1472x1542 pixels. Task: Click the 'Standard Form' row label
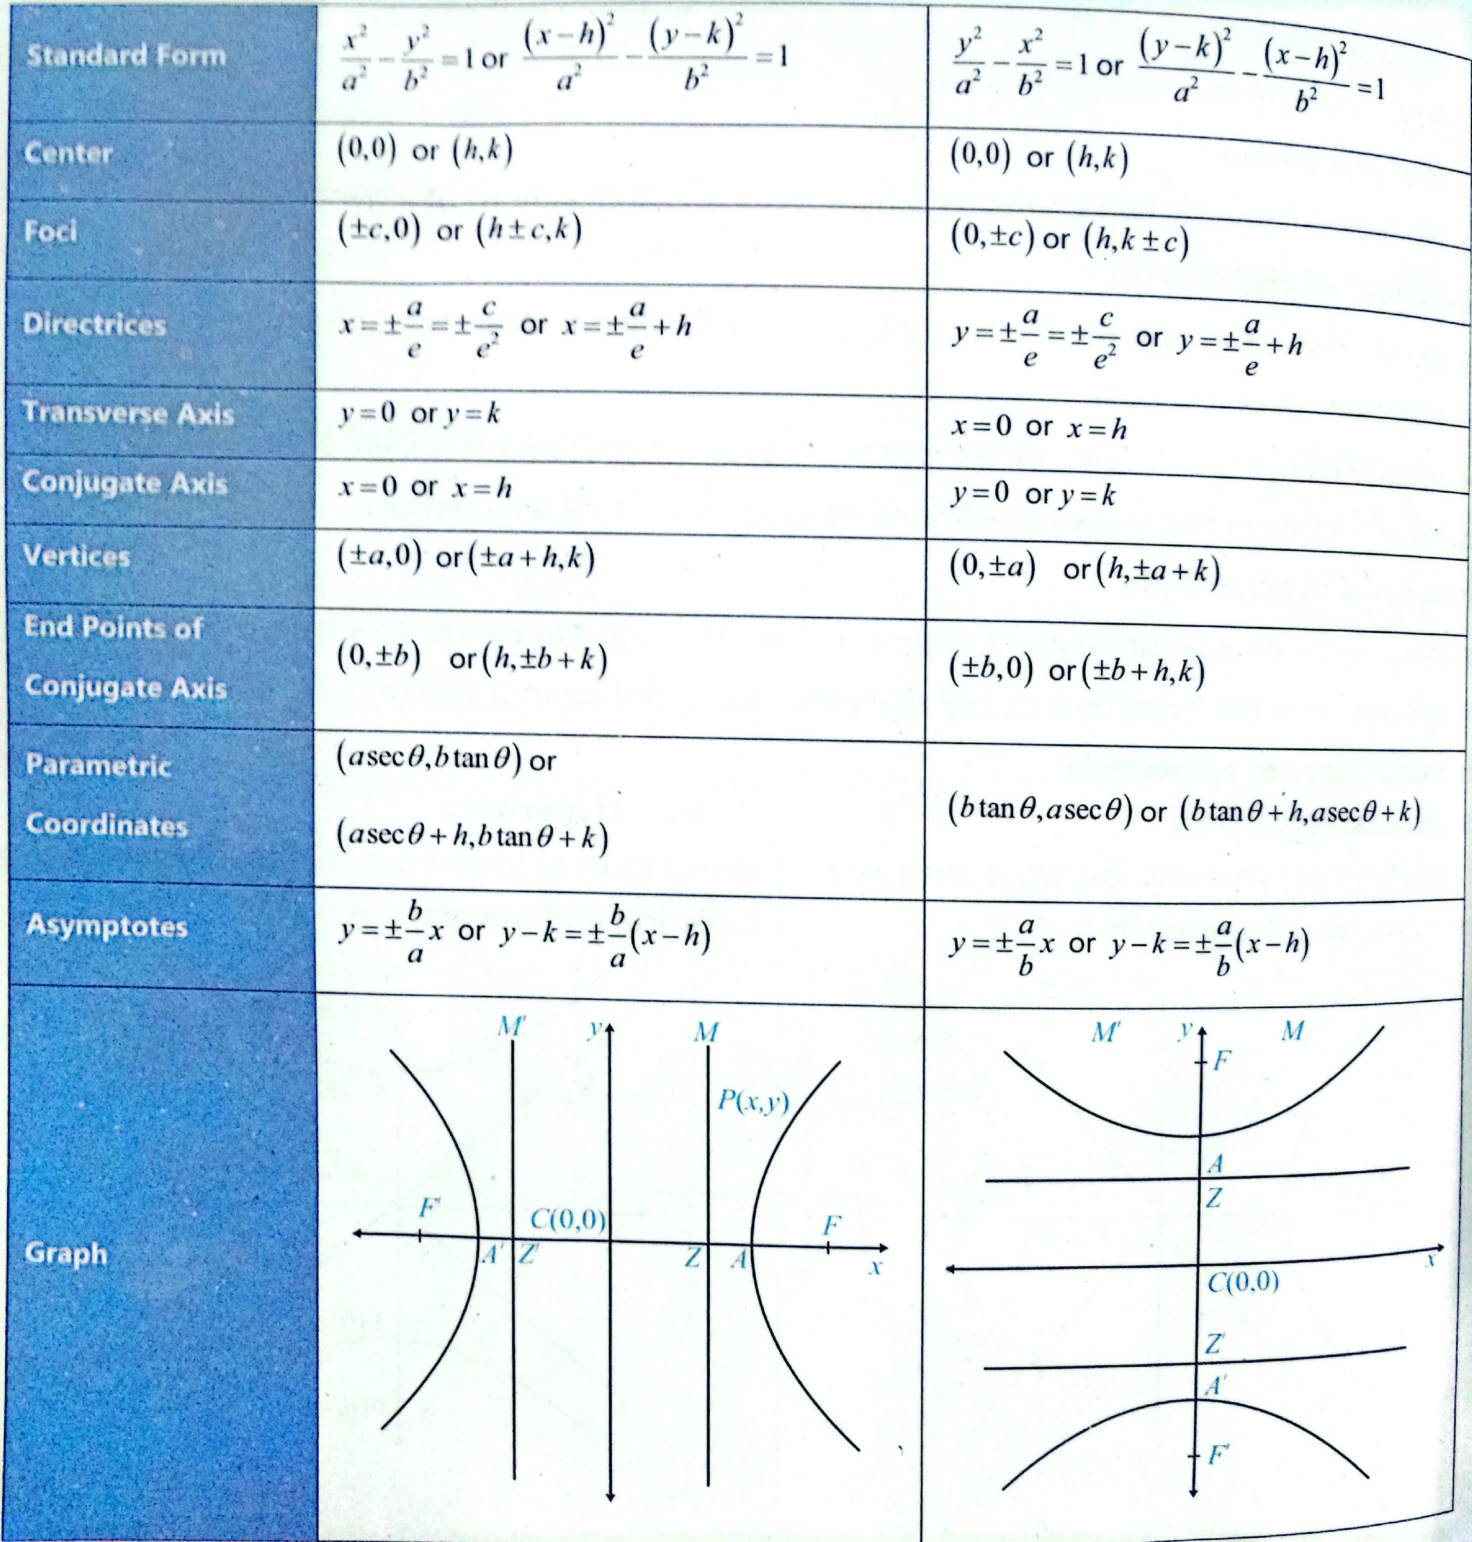pyautogui.click(x=126, y=56)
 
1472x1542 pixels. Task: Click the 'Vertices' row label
pyautogui.click(x=76, y=555)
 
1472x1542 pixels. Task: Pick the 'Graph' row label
pyautogui.click(x=66, y=1253)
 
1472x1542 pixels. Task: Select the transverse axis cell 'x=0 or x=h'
pyautogui.click(x=1039, y=428)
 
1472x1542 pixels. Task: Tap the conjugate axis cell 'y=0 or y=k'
pyautogui.click(x=1034, y=494)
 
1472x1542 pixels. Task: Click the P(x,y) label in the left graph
pyautogui.click(x=753, y=1102)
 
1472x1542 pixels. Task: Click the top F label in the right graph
pyautogui.click(x=1222, y=1062)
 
